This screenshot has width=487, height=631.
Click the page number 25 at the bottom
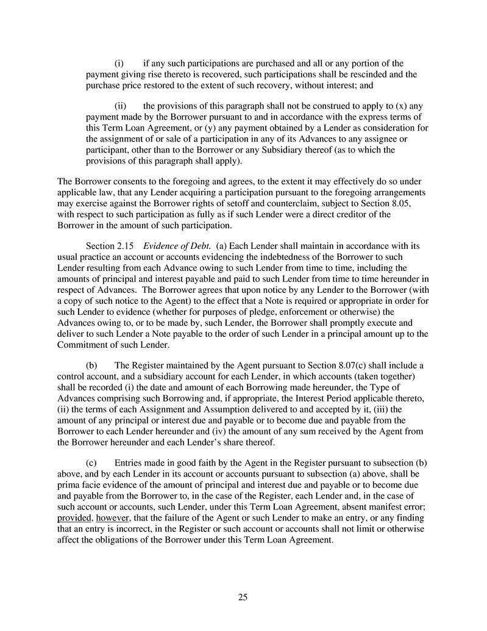[243, 597]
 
